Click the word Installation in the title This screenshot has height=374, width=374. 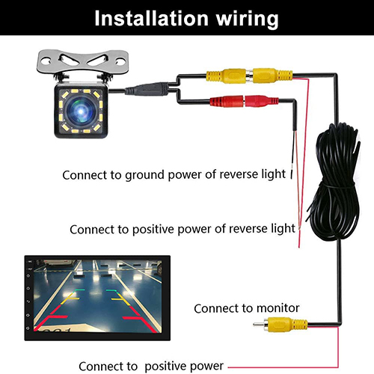click(x=152, y=18)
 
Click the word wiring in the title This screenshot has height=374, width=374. click(x=247, y=19)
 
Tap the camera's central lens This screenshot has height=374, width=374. click(x=81, y=111)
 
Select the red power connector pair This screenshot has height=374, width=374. click(x=244, y=101)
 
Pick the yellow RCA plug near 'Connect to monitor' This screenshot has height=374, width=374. click(x=280, y=325)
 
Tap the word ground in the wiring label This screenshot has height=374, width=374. click(x=144, y=176)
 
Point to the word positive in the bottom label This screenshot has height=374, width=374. click(x=165, y=367)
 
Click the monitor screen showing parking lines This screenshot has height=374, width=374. click(x=97, y=298)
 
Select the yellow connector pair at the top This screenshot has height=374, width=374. click(x=249, y=75)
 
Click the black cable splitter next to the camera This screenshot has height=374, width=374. click(x=147, y=90)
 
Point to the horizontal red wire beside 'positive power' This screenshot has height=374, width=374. click(x=283, y=367)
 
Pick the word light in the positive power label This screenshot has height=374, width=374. click(x=283, y=229)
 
